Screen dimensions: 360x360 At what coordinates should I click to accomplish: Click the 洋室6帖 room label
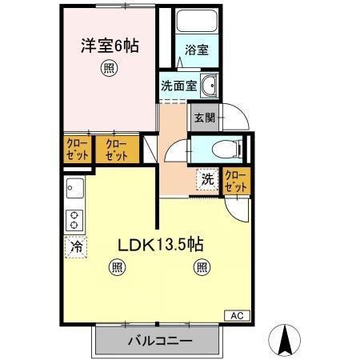[x=110, y=46]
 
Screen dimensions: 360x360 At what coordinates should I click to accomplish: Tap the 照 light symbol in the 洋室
[x=106, y=69]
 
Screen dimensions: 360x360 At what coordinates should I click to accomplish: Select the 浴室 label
[x=197, y=50]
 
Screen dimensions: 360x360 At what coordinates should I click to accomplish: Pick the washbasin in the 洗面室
[x=210, y=85]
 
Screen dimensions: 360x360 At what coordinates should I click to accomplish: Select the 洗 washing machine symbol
[x=207, y=180]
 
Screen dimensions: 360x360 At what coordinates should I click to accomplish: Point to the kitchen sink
[x=74, y=191]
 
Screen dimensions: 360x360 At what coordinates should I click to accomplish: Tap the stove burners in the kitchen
[x=74, y=220]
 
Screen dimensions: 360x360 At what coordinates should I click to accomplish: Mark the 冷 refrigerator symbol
[x=74, y=249]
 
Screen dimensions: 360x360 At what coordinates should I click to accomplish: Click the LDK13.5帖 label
[x=160, y=246]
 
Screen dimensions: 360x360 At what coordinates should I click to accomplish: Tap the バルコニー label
[x=159, y=342]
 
